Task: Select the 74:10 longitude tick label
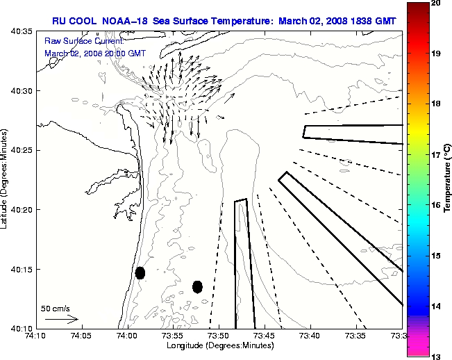coord(35,336)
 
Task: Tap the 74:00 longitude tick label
coord(127,336)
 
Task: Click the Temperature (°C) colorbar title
coord(448,181)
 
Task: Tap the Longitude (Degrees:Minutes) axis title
coord(218,345)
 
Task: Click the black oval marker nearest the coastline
coord(140,272)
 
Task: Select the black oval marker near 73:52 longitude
coord(197,286)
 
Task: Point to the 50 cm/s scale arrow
coord(62,320)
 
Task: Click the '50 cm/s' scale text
coord(56,308)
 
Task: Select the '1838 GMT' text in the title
coord(368,21)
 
